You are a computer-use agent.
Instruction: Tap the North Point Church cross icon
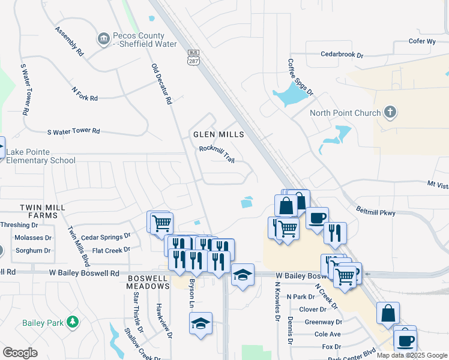coord(390,112)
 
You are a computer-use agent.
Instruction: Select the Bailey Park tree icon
coord(73,322)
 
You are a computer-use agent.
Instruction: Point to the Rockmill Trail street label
coord(216,153)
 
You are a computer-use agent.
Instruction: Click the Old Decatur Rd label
coord(162,84)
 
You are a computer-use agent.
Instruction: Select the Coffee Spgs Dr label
coord(300,77)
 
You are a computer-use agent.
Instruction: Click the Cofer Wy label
coord(421,41)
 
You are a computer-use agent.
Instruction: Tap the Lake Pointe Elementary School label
coord(41,157)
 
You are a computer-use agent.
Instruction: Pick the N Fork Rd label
coord(84,94)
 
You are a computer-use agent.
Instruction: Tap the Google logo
coord(20,352)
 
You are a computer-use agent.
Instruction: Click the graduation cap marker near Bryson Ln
coord(200,325)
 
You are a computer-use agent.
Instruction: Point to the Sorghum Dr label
coord(33,251)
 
